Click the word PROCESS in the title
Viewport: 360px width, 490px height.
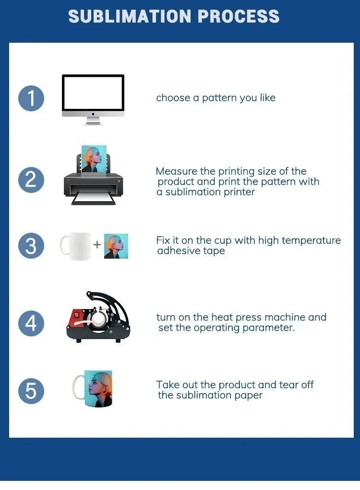[239, 17]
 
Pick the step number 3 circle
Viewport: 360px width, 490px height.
[31, 246]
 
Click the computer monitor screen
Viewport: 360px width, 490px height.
[93, 93]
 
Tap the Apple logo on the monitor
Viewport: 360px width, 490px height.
[93, 114]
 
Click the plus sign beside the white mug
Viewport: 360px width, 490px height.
[97, 245]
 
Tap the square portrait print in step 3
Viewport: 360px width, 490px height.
[116, 246]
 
